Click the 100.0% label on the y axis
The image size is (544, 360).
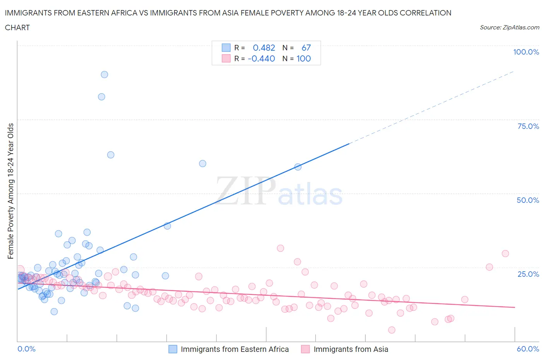coord(526,52)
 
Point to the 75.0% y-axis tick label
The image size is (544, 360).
coord(528,126)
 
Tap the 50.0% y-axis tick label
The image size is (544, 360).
coord(528,200)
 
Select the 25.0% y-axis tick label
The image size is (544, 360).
coord(528,274)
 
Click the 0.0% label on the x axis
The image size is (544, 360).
coord(26,349)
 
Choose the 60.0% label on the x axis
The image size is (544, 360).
coord(528,349)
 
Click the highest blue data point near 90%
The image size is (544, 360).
coord(104,75)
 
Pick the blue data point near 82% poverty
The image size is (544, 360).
coord(101,97)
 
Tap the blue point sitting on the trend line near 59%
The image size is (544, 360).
coord(298,167)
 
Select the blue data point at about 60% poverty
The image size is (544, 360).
coord(202,164)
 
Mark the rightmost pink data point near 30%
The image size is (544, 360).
coord(505,254)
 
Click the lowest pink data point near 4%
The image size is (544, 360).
coord(392,330)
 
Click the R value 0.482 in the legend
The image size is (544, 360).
coord(264,48)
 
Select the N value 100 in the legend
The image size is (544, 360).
coord(303,58)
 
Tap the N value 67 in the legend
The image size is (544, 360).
coord(306,48)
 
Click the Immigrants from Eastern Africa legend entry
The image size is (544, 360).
coord(234,349)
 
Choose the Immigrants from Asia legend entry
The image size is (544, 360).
coord(351,349)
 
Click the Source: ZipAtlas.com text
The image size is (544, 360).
coord(509,27)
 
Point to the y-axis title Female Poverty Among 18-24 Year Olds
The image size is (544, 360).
coord(10,191)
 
